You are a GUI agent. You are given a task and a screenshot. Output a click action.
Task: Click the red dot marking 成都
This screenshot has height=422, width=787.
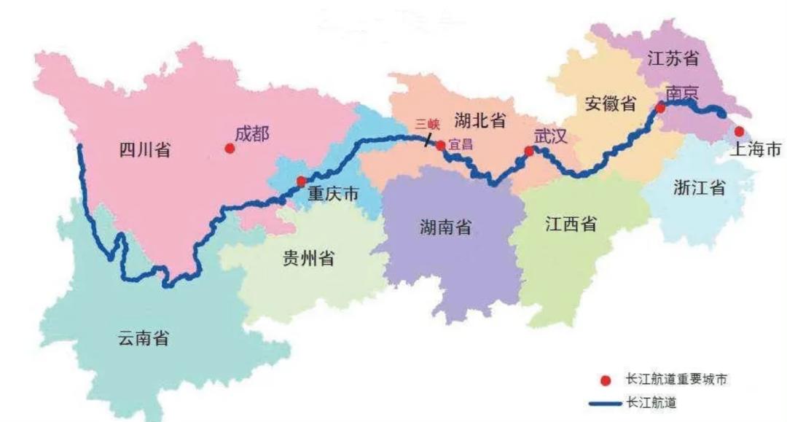(230, 148)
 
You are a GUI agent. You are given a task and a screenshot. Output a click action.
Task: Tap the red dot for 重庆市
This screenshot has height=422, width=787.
(301, 181)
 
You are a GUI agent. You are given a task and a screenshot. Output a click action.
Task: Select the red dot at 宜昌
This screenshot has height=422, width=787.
(440, 145)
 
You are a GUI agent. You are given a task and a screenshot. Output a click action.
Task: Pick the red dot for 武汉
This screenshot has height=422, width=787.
(530, 152)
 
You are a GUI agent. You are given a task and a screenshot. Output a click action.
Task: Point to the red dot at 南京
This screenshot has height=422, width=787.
(660, 108)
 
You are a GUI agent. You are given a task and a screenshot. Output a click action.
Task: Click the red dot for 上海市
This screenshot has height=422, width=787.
(739, 131)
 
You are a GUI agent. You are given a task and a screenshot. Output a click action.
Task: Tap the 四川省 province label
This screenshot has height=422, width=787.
(144, 151)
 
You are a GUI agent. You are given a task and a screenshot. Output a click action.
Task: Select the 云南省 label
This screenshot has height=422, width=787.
(143, 337)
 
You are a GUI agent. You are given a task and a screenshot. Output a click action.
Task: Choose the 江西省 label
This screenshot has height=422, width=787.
(571, 224)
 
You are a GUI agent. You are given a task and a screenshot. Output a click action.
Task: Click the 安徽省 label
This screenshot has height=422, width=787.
(610, 104)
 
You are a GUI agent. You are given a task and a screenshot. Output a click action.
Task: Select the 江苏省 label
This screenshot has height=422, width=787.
(673, 59)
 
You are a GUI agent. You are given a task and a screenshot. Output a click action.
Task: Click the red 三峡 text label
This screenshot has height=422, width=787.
(427, 124)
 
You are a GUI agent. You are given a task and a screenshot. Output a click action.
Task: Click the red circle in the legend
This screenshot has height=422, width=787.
(605, 381)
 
